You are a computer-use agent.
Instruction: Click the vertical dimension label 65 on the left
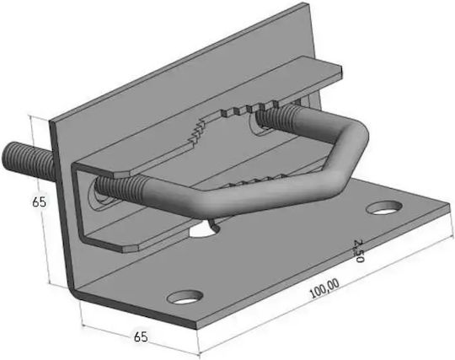click(x=39, y=201)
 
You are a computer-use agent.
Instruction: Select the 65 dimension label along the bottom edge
click(x=141, y=336)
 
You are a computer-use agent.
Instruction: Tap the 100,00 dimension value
click(x=324, y=288)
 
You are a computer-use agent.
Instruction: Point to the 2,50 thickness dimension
click(x=359, y=251)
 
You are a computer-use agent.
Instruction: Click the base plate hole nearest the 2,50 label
click(x=384, y=207)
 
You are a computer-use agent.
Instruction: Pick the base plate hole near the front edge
click(x=185, y=297)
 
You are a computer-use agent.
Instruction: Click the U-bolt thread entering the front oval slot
click(x=119, y=188)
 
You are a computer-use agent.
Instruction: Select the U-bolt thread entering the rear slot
click(x=276, y=116)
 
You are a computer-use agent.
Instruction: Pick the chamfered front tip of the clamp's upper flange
click(x=122, y=175)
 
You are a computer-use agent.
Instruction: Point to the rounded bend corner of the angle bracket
click(x=75, y=292)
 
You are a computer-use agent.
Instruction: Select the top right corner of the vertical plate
click(x=306, y=3)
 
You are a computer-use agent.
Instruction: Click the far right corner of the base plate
click(x=449, y=204)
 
